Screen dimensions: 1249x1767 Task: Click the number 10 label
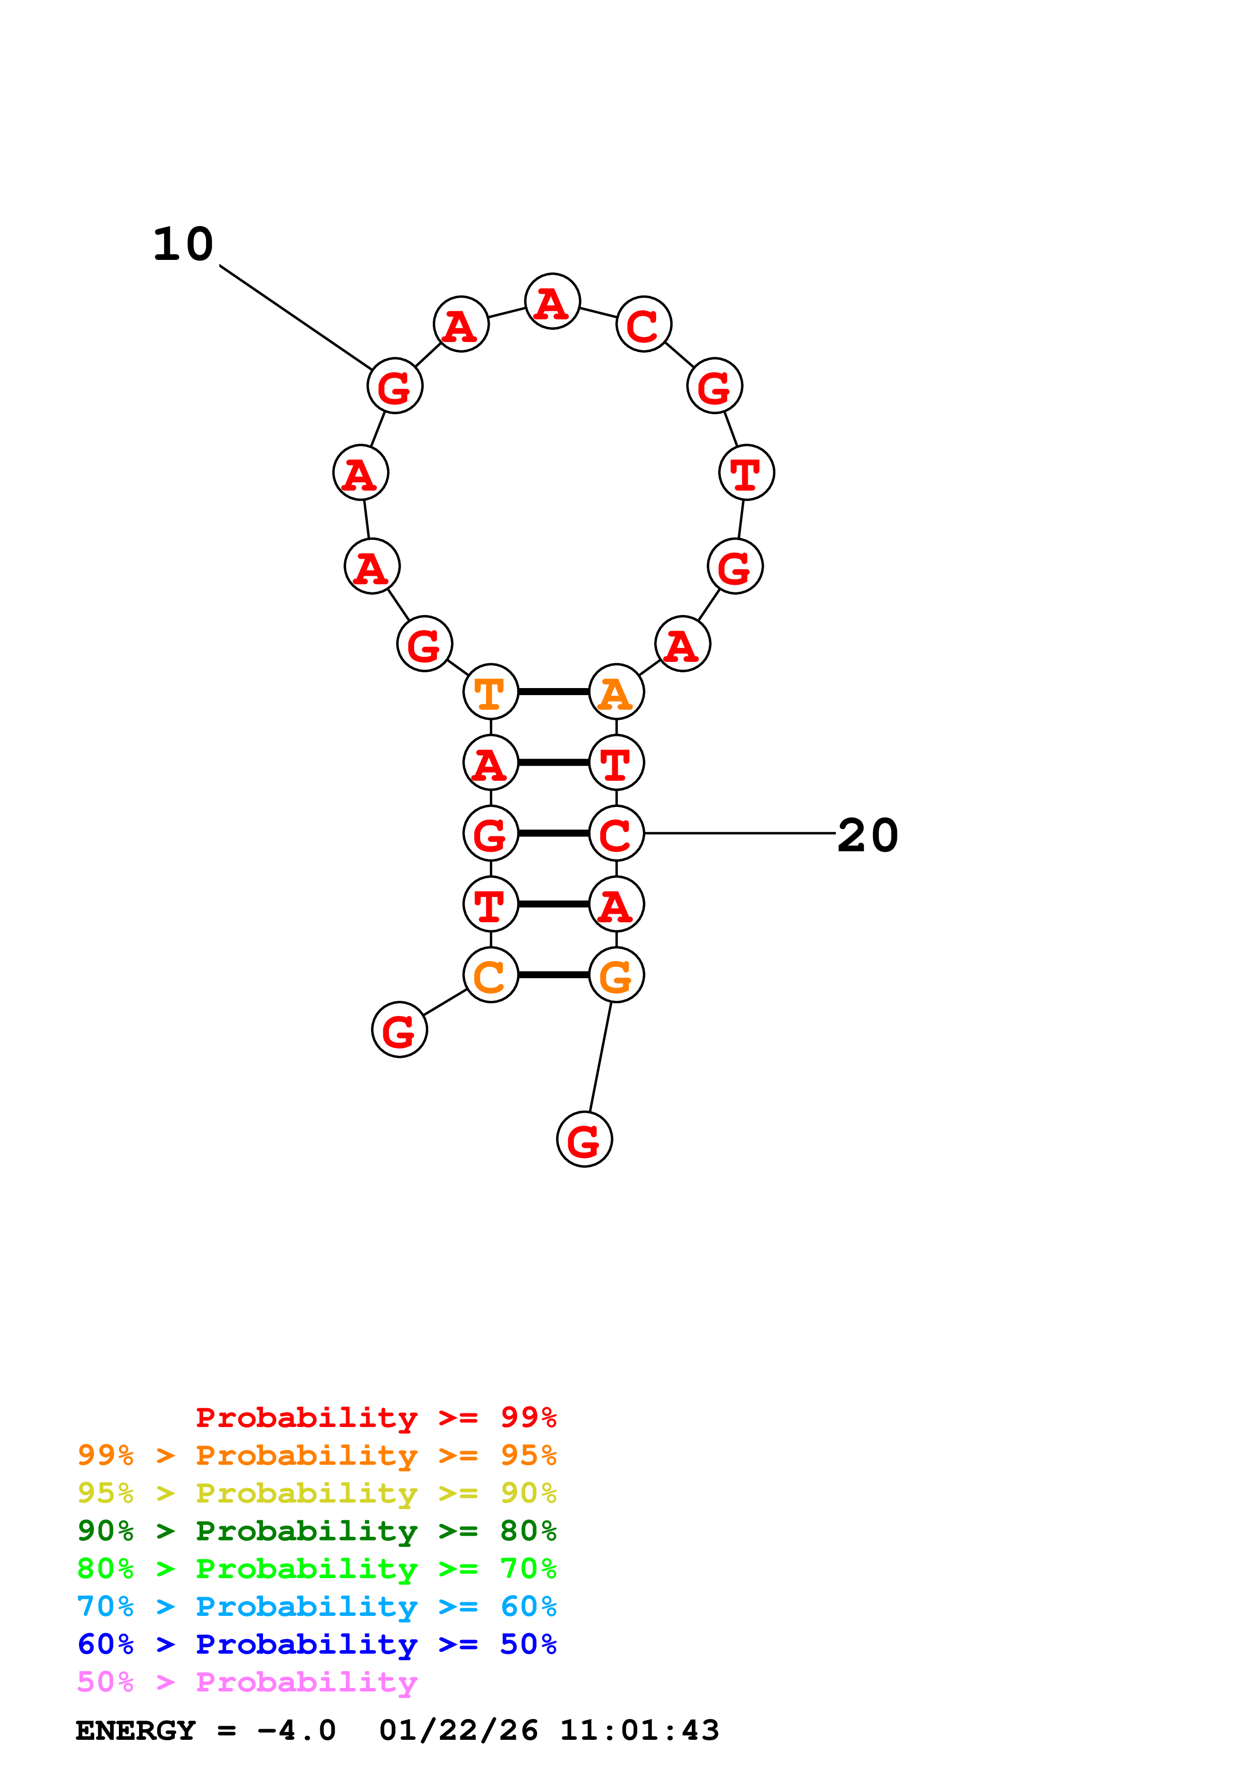[x=183, y=245]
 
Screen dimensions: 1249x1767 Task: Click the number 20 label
[x=867, y=835]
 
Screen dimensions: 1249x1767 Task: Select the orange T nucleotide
[x=490, y=692]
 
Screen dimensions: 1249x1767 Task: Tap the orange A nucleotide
[x=616, y=692]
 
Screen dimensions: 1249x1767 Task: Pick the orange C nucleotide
[x=490, y=975]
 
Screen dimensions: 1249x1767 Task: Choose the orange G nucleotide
[x=616, y=975]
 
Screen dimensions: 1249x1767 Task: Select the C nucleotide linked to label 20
[x=616, y=834]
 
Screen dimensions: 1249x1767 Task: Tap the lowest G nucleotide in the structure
[x=584, y=1140]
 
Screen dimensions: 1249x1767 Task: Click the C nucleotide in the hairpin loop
[x=643, y=324]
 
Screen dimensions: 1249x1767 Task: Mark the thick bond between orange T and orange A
[x=553, y=692]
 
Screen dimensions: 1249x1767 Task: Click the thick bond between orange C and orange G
[x=553, y=975]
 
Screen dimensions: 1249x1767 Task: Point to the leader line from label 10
[x=296, y=317]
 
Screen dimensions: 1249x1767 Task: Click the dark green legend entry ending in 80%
[x=316, y=1531]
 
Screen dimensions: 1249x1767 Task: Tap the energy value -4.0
[x=296, y=1730]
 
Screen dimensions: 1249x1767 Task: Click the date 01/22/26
[x=458, y=1730]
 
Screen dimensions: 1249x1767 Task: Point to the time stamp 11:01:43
[x=639, y=1730]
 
